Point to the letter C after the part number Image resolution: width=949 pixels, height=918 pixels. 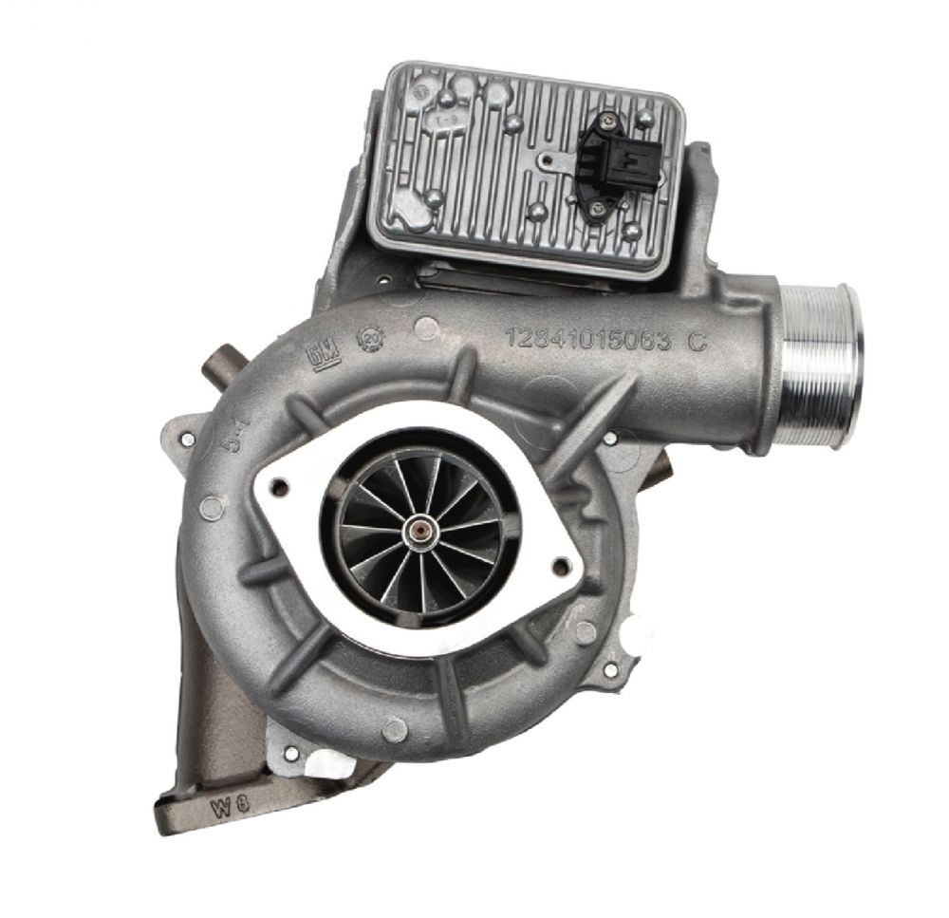[698, 345]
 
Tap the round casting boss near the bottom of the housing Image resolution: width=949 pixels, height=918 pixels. [396, 729]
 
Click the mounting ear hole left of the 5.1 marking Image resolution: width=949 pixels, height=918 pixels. [188, 439]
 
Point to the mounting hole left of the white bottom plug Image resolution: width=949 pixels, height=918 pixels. [292, 753]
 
